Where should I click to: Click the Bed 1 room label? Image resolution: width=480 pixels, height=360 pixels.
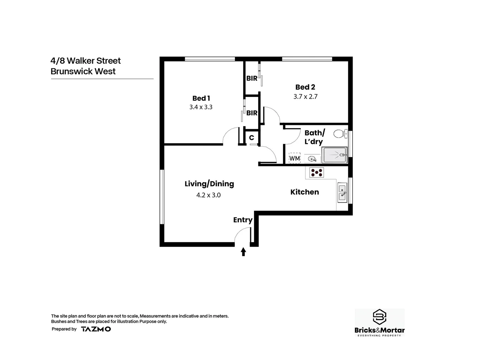click(x=201, y=98)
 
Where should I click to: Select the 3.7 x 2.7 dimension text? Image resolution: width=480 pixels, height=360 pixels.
click(x=305, y=97)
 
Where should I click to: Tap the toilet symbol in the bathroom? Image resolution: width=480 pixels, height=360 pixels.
click(x=339, y=134)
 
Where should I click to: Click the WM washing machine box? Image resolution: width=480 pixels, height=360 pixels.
click(x=295, y=158)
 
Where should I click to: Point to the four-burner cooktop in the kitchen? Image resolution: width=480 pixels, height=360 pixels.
click(x=316, y=172)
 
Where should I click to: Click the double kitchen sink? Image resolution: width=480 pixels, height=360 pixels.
click(x=342, y=193)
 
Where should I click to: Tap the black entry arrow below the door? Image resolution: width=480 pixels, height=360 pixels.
click(x=243, y=252)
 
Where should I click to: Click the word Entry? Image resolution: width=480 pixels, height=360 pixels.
click(x=243, y=220)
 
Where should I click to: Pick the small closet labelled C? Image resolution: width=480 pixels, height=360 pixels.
click(x=252, y=138)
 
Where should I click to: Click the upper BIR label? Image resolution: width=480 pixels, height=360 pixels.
click(x=252, y=78)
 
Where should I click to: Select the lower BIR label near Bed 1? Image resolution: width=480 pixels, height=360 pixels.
click(x=252, y=113)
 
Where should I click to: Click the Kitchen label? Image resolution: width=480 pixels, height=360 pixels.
click(x=305, y=192)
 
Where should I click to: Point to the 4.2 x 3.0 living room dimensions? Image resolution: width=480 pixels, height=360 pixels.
click(x=209, y=195)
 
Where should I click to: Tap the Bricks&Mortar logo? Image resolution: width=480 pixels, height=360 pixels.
click(x=379, y=323)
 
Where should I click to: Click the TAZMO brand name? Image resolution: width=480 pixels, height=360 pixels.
click(x=96, y=329)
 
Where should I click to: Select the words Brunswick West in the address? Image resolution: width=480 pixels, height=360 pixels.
click(x=83, y=71)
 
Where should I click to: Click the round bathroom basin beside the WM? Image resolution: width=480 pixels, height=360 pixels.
click(x=312, y=159)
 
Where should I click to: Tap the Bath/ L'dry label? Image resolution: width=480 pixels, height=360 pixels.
click(x=314, y=137)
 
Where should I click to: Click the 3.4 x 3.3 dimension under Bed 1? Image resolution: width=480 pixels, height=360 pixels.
click(x=201, y=107)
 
